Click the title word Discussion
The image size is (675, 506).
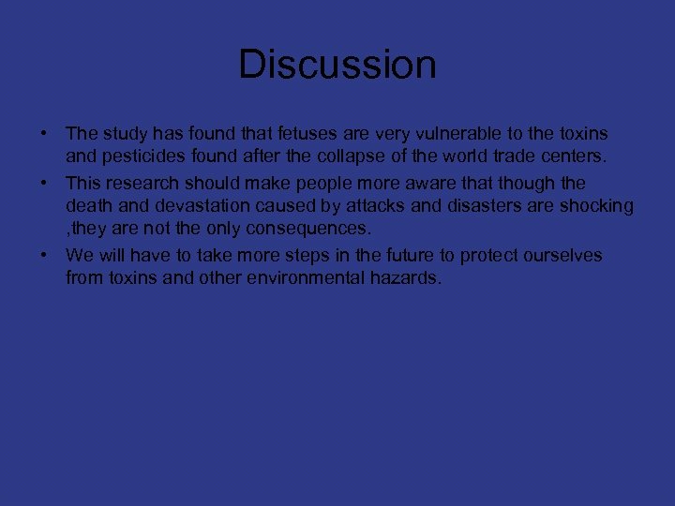tap(337, 65)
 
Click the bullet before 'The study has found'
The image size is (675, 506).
tap(44, 134)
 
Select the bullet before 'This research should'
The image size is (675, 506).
tap(44, 183)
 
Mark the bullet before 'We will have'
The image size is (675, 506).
tap(44, 255)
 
